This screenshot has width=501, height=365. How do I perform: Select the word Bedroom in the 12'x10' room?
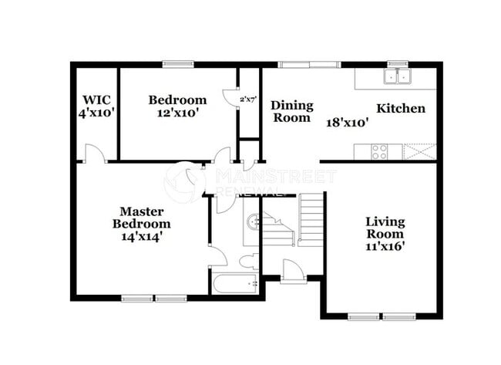[177, 100]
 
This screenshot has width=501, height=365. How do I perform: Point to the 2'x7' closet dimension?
[248, 100]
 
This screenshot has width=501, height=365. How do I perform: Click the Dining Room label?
[291, 111]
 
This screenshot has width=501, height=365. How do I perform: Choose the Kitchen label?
[400, 108]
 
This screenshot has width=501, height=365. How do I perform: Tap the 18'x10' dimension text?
[347, 121]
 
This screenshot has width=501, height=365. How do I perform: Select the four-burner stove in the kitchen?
[380, 151]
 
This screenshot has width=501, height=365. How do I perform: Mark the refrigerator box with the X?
[420, 151]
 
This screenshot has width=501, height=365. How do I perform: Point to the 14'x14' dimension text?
[142, 237]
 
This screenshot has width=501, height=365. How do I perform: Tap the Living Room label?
[385, 228]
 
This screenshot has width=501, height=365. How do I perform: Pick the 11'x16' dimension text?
[385, 247]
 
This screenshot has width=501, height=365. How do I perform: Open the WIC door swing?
[93, 154]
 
